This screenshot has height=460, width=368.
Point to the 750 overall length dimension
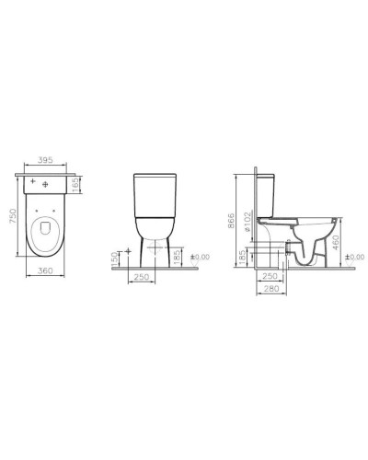click(x=12, y=219)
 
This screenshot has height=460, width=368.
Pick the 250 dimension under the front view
click(x=141, y=277)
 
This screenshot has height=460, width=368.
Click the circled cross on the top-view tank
click(x=45, y=185)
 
